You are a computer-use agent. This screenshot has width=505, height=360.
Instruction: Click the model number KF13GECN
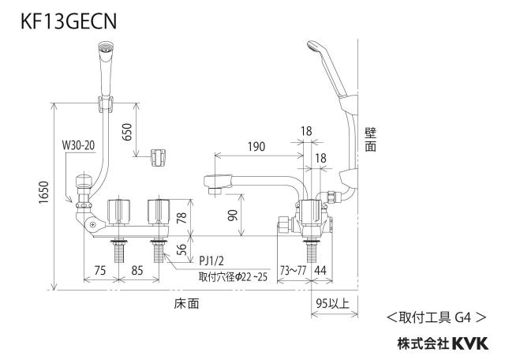(x=69, y=21)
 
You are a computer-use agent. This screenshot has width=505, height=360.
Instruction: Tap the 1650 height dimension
(x=44, y=193)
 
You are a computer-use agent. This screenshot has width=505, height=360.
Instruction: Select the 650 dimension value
(x=127, y=132)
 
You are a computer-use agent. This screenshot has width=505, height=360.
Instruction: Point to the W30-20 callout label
(x=78, y=145)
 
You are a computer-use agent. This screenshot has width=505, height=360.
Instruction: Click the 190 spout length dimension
(x=256, y=147)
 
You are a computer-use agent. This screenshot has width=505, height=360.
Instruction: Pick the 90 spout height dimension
(x=233, y=215)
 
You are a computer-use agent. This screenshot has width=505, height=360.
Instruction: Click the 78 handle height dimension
(x=182, y=218)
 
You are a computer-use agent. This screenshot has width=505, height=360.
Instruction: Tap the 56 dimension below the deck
(x=182, y=249)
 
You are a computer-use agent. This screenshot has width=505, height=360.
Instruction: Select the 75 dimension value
(x=100, y=270)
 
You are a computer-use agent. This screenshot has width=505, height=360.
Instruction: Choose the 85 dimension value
(x=137, y=270)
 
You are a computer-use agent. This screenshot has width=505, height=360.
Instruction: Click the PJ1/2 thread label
(x=211, y=261)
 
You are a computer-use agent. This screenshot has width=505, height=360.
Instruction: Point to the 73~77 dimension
(x=293, y=270)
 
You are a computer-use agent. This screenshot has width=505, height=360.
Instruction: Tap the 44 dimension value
(x=320, y=270)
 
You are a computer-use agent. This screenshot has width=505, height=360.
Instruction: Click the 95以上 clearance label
(x=333, y=303)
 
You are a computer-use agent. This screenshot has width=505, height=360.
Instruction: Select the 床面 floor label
(x=186, y=304)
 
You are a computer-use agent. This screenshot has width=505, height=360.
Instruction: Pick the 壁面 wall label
(x=370, y=140)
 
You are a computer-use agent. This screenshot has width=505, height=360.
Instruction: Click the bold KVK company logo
(x=470, y=343)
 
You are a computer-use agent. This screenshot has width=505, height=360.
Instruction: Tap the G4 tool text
(x=463, y=318)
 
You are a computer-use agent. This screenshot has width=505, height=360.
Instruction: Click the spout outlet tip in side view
(x=214, y=191)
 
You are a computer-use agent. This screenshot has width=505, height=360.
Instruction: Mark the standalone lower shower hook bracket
(x=158, y=158)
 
